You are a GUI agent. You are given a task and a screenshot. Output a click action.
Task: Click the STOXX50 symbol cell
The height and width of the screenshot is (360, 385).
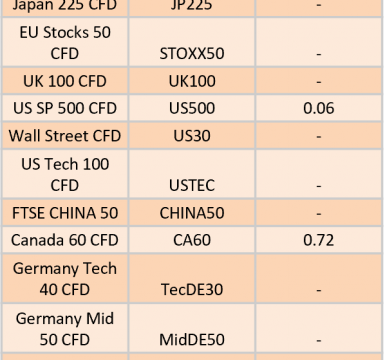tap(192, 54)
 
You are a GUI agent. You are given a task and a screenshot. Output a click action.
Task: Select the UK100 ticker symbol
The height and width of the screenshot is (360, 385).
tap(192, 81)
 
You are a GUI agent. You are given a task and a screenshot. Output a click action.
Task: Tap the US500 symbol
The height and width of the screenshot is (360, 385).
tap(192, 108)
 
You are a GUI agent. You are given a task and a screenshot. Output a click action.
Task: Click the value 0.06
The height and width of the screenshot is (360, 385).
tap(319, 108)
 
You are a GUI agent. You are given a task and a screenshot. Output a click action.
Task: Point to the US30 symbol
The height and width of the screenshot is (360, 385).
tap(192, 136)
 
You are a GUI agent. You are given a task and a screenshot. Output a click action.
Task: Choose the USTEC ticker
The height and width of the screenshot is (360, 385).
tap(192, 185)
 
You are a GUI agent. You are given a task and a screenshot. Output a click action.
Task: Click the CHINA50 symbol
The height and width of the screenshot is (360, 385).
tap(192, 213)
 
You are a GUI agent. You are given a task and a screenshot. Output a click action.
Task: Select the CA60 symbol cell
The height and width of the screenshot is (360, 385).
tap(192, 240)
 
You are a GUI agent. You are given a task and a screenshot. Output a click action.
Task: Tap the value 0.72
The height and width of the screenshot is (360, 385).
tap(319, 240)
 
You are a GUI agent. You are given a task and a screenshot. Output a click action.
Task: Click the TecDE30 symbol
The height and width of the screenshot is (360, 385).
tap(192, 289)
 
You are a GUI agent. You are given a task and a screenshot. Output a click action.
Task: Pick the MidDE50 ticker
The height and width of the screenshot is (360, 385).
tap(192, 340)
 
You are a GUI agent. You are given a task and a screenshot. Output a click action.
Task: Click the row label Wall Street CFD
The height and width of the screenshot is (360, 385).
tap(65, 136)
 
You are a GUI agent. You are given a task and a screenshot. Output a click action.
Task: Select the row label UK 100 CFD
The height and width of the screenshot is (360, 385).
tap(65, 81)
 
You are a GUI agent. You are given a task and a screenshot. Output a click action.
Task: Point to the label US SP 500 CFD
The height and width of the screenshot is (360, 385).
tap(65, 108)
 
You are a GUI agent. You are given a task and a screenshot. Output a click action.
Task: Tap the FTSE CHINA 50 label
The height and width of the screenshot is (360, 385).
tap(65, 213)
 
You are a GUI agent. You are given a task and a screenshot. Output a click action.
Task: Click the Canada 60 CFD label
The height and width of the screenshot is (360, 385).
tap(65, 240)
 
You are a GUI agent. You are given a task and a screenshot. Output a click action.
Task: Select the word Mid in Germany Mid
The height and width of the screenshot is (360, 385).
tap(100, 318)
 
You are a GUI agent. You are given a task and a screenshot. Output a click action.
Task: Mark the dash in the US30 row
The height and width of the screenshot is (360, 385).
tap(319, 136)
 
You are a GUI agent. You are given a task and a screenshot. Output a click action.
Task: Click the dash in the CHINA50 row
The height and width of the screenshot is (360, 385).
tap(319, 213)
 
